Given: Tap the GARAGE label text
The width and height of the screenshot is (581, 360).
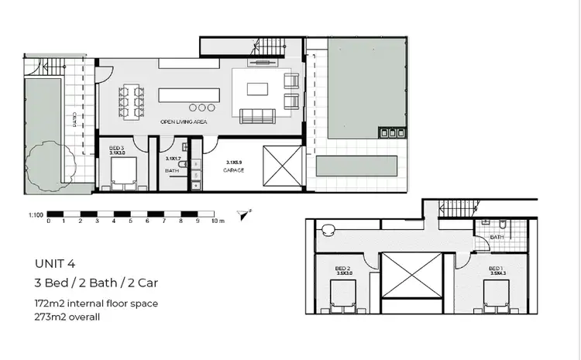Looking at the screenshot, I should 234,170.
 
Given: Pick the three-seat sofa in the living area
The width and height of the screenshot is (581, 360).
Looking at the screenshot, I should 258,117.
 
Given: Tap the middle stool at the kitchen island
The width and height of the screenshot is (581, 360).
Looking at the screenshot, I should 203,108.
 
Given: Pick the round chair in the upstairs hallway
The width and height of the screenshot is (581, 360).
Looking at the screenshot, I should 328,229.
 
